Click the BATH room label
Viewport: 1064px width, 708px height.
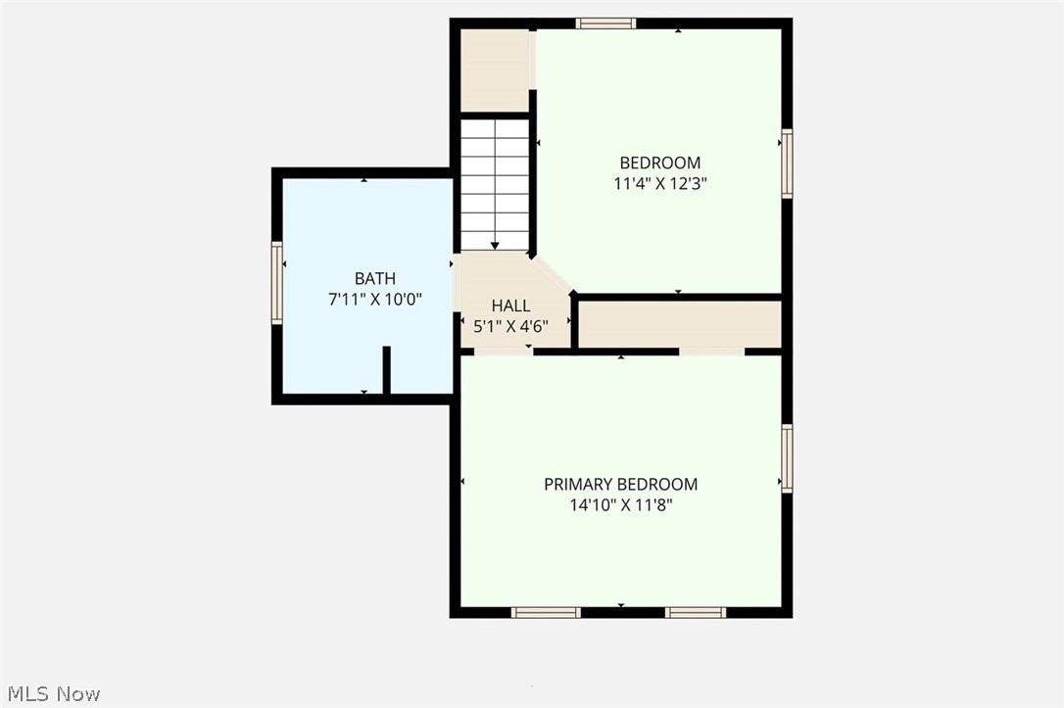coord(374,279)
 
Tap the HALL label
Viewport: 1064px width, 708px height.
coord(510,307)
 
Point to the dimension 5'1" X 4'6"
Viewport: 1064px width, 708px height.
coord(510,327)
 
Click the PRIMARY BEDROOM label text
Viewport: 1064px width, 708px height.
coord(620,484)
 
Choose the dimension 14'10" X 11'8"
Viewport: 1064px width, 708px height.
coord(620,505)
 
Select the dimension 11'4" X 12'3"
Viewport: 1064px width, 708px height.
coord(659,182)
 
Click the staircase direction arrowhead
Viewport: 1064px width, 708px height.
coord(495,246)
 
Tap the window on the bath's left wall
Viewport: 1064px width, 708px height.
coord(277,283)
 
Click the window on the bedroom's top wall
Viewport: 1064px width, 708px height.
coord(605,24)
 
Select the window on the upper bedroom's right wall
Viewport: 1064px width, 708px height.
coord(787,164)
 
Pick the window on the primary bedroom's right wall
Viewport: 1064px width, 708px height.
coord(787,457)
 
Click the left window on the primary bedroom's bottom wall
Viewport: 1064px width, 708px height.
coord(546,613)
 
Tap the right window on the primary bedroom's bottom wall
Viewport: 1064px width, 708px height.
coord(696,613)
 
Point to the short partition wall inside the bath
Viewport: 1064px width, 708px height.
coord(386,370)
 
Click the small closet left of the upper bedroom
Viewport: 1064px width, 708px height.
coord(495,70)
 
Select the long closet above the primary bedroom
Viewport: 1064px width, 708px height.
coord(679,324)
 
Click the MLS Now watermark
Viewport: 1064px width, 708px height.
coord(51,693)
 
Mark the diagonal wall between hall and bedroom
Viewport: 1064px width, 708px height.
coord(553,274)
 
